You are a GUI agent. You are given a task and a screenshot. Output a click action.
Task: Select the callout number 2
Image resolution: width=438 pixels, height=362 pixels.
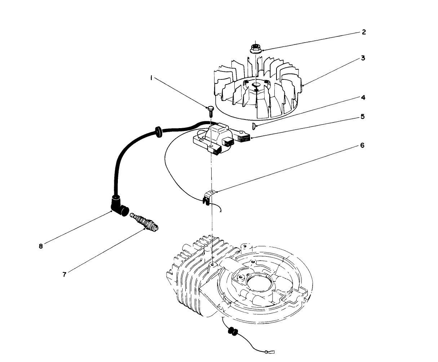(x=364, y=32)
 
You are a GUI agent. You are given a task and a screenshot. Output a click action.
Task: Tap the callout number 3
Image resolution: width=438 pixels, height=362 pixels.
(x=363, y=58)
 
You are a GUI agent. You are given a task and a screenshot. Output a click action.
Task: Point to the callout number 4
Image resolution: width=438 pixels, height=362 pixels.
(x=363, y=97)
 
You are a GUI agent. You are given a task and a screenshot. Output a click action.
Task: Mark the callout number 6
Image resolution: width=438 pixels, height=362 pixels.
(x=362, y=145)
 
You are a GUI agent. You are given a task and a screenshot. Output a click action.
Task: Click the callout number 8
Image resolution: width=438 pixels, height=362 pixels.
(x=41, y=246)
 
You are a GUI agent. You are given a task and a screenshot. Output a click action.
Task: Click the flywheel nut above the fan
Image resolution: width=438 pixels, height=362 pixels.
(x=256, y=48)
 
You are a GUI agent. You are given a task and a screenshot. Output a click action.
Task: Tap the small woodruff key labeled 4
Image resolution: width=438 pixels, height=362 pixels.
(x=254, y=126)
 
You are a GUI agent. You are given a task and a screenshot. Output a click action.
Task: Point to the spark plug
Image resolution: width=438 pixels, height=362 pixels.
(x=145, y=222)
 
